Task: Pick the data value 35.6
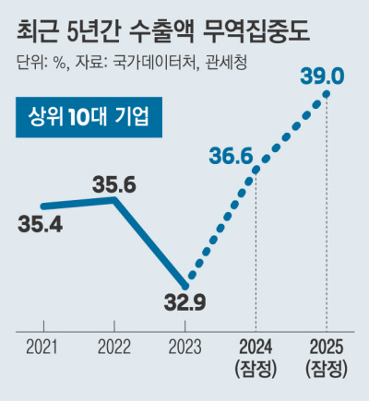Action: click(x=115, y=184)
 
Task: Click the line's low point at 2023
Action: click(x=185, y=278)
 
